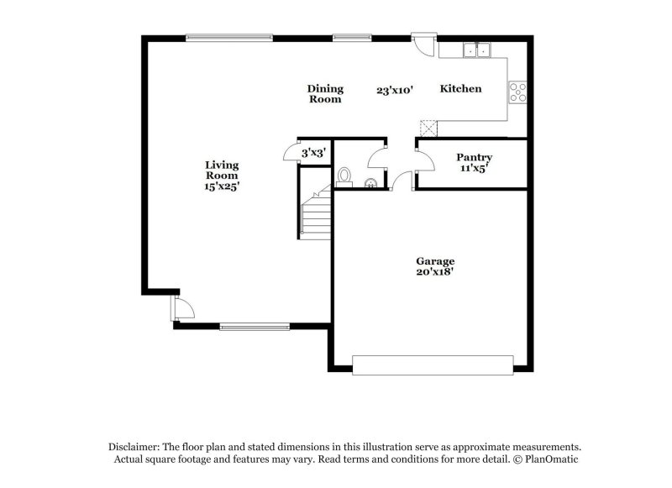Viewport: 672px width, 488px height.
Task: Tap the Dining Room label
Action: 324,93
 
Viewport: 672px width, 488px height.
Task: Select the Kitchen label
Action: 461,88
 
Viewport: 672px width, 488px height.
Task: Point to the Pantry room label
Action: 474,157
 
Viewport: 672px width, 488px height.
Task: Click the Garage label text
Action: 435,261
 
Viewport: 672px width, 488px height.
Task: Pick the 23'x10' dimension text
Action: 395,89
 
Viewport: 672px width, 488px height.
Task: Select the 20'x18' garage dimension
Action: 435,272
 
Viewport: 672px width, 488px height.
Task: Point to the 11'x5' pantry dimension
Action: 474,168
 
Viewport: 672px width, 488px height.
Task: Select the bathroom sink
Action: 370,179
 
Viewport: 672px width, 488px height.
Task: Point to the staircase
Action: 317,216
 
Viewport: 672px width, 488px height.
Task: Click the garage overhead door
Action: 432,365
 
